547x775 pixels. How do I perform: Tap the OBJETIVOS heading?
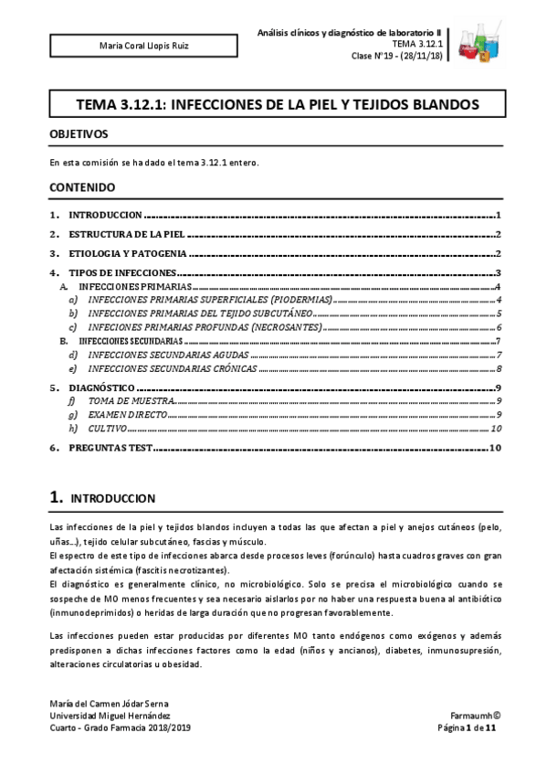pyautogui.click(x=79, y=134)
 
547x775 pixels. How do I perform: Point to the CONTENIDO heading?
pyautogui.click(x=82, y=187)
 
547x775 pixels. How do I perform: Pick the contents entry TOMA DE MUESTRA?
pyautogui.click(x=129, y=400)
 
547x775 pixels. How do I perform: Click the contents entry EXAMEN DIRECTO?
pyautogui.click(x=129, y=414)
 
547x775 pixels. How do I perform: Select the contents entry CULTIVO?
pyautogui.click(x=108, y=428)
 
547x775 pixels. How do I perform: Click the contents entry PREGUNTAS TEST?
pyautogui.click(x=110, y=448)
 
